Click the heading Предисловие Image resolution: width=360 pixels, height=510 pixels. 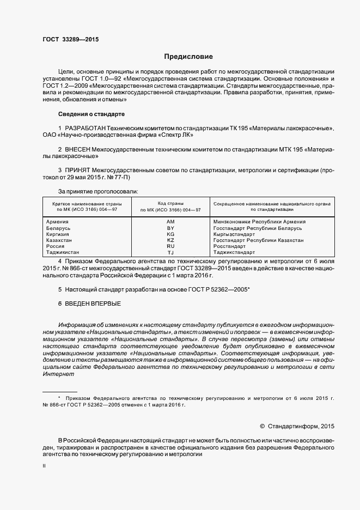[x=188, y=57]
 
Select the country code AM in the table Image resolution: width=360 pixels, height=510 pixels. [x=170, y=222]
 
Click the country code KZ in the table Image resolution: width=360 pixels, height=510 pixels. [x=170, y=240]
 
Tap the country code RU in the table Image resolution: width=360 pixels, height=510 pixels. [x=170, y=246]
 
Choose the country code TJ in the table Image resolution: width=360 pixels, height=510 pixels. [x=170, y=253]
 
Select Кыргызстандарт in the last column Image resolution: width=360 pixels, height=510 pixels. [x=234, y=234]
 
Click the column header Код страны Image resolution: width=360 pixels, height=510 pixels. [x=170, y=203]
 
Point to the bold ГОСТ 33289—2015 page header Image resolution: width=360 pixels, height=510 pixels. [x=70, y=39]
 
